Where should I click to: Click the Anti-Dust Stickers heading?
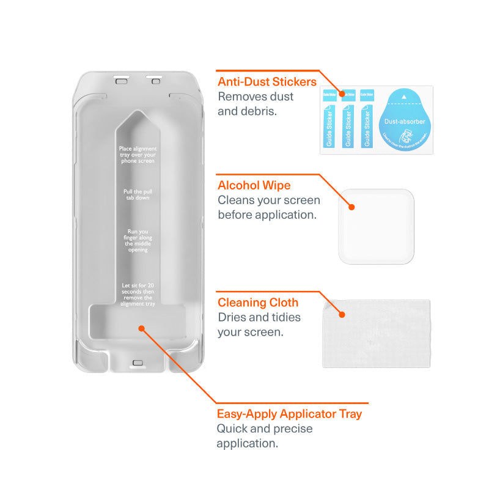(267, 81)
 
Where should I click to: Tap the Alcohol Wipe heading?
(254, 185)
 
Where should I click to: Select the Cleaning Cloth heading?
(258, 303)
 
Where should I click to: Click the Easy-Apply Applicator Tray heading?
(289, 414)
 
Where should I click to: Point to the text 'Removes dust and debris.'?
(256, 103)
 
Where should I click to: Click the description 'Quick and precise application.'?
(265, 436)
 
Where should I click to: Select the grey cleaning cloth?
(376, 333)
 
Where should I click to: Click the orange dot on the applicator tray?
(141, 328)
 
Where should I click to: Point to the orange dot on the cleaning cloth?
(342, 315)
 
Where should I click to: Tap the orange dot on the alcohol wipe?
(353, 207)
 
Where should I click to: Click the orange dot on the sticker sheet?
(342, 95)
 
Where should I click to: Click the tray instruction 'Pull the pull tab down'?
(138, 195)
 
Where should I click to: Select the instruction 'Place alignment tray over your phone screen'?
(138, 155)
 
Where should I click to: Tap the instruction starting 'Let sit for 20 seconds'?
(138, 295)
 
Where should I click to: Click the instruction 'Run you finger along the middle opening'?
(138, 241)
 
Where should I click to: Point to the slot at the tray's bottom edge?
(138, 362)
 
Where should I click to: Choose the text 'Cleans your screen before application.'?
(269, 207)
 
